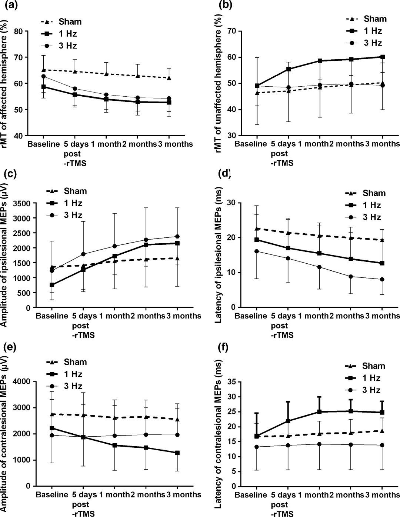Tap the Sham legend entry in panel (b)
tap(366, 19)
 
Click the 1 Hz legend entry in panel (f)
tap(366, 378)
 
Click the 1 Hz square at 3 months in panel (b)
tap(382, 57)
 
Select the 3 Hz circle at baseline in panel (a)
tap(44, 76)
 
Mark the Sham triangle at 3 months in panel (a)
tap(169, 78)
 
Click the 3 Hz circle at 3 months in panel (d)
tap(382, 279)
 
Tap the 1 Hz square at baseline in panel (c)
tap(52, 285)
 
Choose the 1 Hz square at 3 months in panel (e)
tap(177, 453)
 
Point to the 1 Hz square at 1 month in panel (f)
tap(319, 411)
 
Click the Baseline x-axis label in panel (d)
tap(251, 316)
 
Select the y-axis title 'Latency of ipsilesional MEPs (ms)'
tap(219, 255)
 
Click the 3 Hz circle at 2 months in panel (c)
tap(146, 240)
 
